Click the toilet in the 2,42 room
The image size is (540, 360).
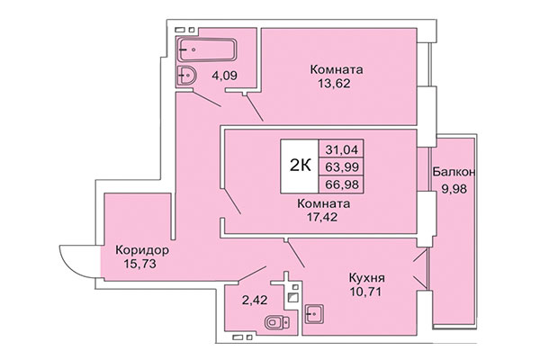tap(274, 321)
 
